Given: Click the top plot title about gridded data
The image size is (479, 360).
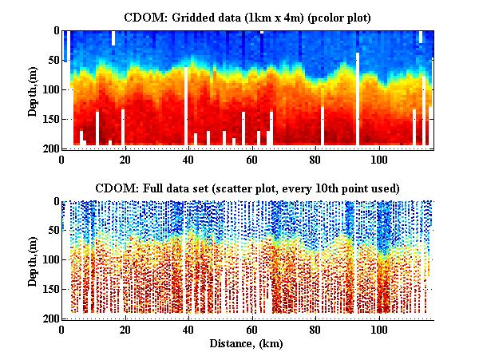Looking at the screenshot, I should pyautogui.click(x=247, y=17).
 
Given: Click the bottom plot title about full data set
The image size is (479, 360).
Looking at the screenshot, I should pyautogui.click(x=247, y=188).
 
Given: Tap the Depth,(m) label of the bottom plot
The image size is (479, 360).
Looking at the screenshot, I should pyautogui.click(x=34, y=260).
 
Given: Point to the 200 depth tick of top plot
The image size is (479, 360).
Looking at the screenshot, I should pyautogui.click(x=49, y=148).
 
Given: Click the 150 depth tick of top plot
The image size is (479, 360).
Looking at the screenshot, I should pyautogui.click(x=49, y=119).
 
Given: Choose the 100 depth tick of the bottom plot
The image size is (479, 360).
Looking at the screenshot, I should pyautogui.click(x=49, y=260).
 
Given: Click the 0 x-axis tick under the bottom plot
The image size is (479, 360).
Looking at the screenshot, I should pyautogui.click(x=62, y=330).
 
